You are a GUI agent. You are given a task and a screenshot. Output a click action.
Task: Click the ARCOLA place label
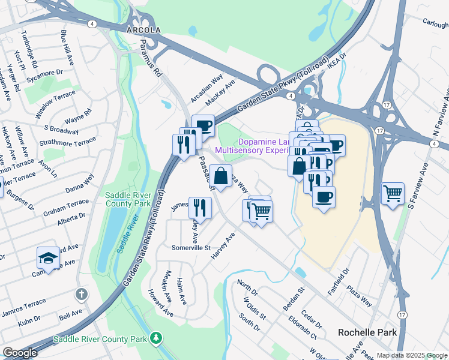tap(143, 29)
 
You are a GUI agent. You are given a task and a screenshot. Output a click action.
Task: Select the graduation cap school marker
tap(48, 257)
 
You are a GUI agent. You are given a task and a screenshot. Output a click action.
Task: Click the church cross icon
tap(82, 295)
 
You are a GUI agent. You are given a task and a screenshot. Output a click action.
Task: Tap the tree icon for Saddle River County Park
tap(156, 338)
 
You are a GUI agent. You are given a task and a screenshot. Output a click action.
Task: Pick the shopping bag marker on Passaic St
tap(220, 176)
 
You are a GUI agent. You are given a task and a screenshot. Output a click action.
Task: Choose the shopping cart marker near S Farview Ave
tap(393, 193)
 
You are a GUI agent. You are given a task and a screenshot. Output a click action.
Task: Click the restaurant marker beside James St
tap(200, 208)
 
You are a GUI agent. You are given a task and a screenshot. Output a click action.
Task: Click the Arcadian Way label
tap(206, 88)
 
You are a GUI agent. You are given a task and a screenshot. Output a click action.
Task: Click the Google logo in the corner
tap(20, 352)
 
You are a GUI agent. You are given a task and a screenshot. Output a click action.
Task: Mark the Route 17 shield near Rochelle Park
tap(402, 314)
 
